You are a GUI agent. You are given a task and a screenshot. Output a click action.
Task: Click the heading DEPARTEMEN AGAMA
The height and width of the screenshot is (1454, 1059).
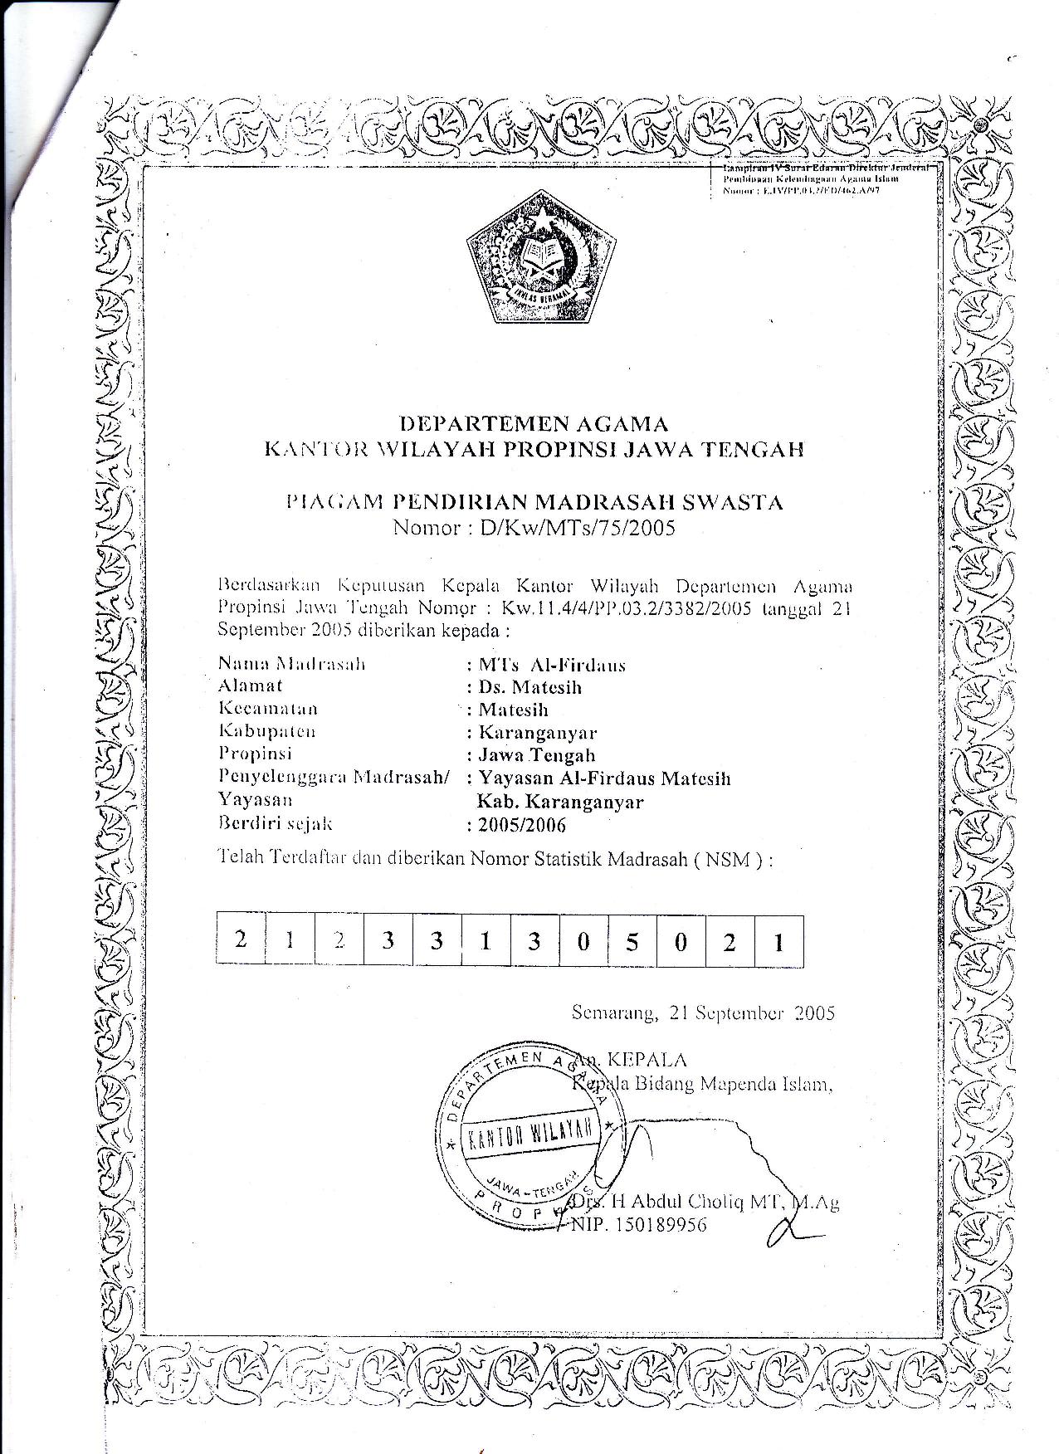click(x=534, y=425)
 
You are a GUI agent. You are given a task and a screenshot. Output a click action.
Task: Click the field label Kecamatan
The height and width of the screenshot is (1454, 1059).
click(x=268, y=709)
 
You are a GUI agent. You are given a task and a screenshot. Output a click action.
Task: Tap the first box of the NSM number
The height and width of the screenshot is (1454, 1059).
click(x=241, y=939)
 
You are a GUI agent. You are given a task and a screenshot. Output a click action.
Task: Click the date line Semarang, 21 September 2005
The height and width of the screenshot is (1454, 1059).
click(x=703, y=1012)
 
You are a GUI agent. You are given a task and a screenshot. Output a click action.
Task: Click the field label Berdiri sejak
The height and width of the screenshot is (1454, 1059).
click(x=275, y=824)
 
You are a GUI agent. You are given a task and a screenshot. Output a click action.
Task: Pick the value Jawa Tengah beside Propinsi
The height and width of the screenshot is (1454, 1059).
click(x=536, y=755)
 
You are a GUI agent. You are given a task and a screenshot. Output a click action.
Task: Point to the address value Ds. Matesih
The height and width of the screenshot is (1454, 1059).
click(x=529, y=687)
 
